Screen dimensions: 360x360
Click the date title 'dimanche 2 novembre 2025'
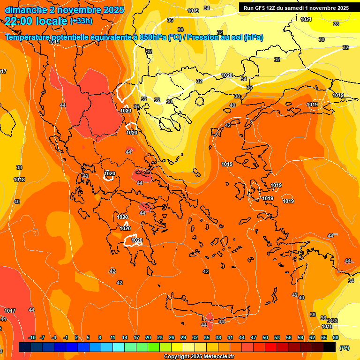pos(65,10)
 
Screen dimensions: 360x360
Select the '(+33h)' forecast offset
pos(81,21)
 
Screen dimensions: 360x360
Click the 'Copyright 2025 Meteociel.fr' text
pos(200,357)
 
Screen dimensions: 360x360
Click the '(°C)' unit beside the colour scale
pos(344,348)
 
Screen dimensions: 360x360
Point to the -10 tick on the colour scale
pos(32,337)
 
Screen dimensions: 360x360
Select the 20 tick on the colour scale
pos(148,337)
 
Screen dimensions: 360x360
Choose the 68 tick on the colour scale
pos(336,337)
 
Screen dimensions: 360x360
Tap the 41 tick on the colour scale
pos(230,337)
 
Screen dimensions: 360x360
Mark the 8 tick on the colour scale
pos(100,337)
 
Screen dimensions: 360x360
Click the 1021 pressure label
pos(306,19)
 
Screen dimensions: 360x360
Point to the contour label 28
pos(336,24)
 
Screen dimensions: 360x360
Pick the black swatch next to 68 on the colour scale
pos(330,347)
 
